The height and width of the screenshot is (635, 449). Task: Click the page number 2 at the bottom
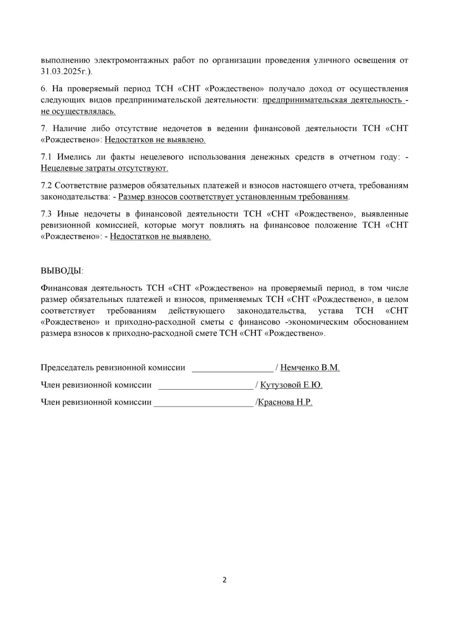(x=224, y=580)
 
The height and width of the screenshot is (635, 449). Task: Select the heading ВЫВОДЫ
(x=62, y=271)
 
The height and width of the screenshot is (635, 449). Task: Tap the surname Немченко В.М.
(x=310, y=368)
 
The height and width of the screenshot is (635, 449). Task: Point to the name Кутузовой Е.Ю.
(x=291, y=385)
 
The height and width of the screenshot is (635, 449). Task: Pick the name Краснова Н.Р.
(x=285, y=402)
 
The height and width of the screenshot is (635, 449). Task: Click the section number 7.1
(x=46, y=157)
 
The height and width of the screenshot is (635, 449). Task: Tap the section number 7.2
(x=46, y=185)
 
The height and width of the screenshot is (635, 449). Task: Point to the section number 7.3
(x=46, y=214)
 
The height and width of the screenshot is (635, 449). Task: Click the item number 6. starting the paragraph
(x=44, y=89)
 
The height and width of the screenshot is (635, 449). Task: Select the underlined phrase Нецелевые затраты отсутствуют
(x=104, y=168)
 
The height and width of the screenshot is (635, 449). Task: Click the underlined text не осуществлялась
(x=78, y=111)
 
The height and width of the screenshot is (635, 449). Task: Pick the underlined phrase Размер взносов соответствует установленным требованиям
(x=233, y=197)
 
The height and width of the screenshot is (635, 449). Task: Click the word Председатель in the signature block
(x=67, y=368)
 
